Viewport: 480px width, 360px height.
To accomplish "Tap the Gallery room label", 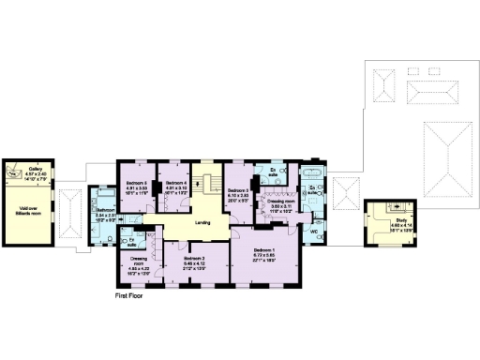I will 35,170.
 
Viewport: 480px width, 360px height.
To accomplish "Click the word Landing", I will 202,222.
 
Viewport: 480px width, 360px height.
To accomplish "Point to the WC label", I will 314,232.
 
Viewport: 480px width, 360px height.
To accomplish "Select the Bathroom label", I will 105,210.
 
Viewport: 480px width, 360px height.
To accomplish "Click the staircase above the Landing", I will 207,187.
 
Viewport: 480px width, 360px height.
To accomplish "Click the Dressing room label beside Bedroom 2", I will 138,260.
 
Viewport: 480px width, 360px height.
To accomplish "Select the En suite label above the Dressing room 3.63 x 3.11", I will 274,174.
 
